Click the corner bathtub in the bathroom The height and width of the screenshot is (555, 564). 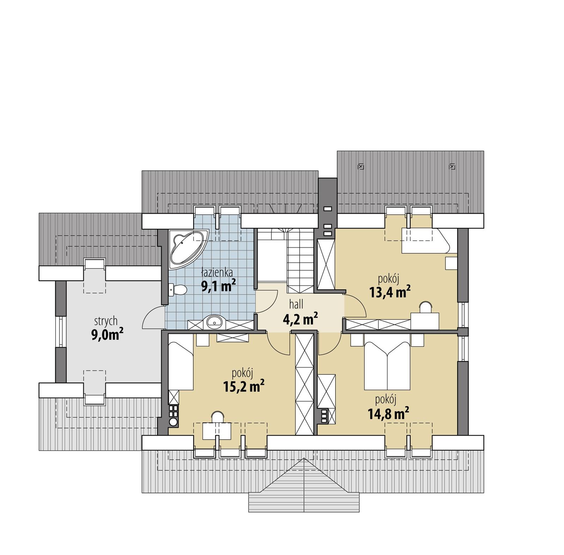coord(186,247)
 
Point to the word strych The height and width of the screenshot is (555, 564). coord(106,321)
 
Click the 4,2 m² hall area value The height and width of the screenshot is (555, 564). coord(300,319)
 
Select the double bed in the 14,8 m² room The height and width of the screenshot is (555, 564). coord(387,365)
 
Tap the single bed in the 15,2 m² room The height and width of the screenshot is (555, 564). coord(181,362)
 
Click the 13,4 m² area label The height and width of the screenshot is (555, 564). coord(390,292)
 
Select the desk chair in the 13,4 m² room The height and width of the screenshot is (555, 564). coord(426,306)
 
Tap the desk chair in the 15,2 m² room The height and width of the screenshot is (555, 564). coord(217,417)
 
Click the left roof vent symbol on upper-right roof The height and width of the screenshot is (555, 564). coord(361,166)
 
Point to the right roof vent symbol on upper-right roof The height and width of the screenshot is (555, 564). coord(452,166)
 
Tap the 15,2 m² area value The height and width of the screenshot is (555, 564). coord(244,386)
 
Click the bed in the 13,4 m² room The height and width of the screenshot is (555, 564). coord(425,241)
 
